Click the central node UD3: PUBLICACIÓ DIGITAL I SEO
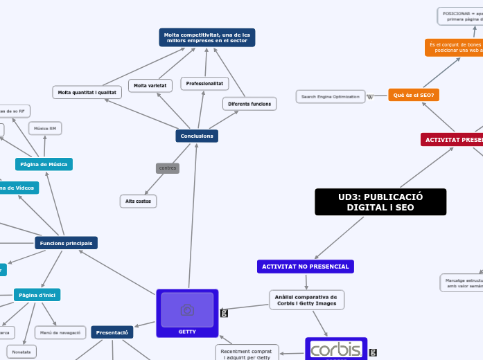pos(380,202)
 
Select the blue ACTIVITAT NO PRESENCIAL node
pos(306,267)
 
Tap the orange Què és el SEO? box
pos(414,95)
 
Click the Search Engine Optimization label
pos(331,96)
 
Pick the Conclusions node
pos(197,136)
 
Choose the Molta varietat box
pos(150,85)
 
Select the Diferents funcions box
pos(249,104)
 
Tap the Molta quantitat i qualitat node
pos(87,91)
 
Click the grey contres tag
pos(168,168)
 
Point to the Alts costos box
pos(139,201)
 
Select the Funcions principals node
pos(66,243)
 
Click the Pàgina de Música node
pos(44,164)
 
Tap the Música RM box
pos(45,128)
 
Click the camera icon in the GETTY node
pos(187,310)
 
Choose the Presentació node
pos(112,332)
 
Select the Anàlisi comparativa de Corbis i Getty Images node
pos(306,300)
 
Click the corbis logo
pos(336,349)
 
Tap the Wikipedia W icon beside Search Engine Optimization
pos(370,96)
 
